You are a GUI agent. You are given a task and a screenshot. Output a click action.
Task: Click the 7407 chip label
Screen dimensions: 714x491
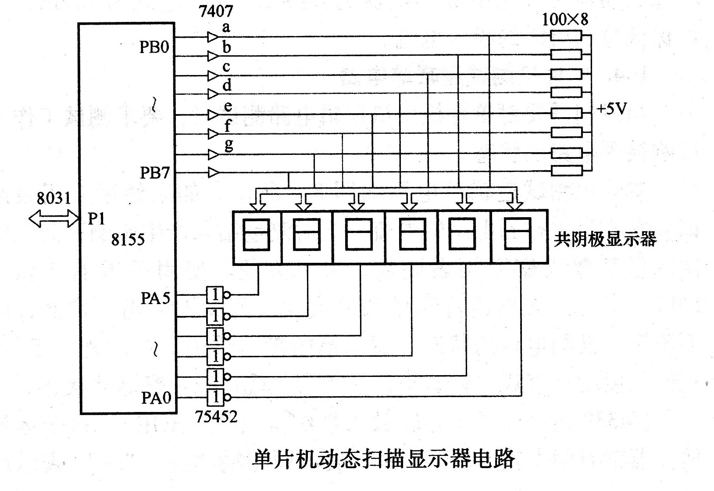[216, 11]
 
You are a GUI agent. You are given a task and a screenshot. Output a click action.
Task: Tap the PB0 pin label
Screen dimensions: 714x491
[154, 47]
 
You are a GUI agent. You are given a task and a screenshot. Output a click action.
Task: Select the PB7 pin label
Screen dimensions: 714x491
[154, 173]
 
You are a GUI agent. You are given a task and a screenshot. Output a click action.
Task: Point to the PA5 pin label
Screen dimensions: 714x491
[156, 298]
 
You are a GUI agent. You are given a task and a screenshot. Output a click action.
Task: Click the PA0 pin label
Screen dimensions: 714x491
[156, 398]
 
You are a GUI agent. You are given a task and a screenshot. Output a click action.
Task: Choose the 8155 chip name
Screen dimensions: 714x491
[128, 240]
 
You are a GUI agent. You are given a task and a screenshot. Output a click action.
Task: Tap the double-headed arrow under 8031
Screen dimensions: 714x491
[54, 219]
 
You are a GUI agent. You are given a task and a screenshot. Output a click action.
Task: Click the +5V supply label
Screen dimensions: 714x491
[612, 109]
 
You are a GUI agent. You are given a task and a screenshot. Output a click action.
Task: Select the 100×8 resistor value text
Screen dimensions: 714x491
[565, 19]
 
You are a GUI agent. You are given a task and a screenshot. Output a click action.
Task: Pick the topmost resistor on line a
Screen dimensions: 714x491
[566, 36]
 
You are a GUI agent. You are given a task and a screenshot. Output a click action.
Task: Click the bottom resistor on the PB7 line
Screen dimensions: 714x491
[567, 171]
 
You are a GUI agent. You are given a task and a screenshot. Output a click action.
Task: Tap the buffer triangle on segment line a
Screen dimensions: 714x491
[213, 37]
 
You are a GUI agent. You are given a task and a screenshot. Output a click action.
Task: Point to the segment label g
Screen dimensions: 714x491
[229, 145]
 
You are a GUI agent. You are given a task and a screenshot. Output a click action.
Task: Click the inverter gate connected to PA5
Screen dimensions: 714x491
[218, 295]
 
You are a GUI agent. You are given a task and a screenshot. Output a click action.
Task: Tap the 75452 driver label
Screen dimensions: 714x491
[216, 417]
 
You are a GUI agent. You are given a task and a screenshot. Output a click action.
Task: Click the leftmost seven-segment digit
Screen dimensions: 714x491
[257, 237]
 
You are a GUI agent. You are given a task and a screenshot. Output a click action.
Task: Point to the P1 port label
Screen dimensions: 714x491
[96, 219]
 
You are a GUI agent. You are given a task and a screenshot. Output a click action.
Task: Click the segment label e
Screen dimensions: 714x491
[228, 107]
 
